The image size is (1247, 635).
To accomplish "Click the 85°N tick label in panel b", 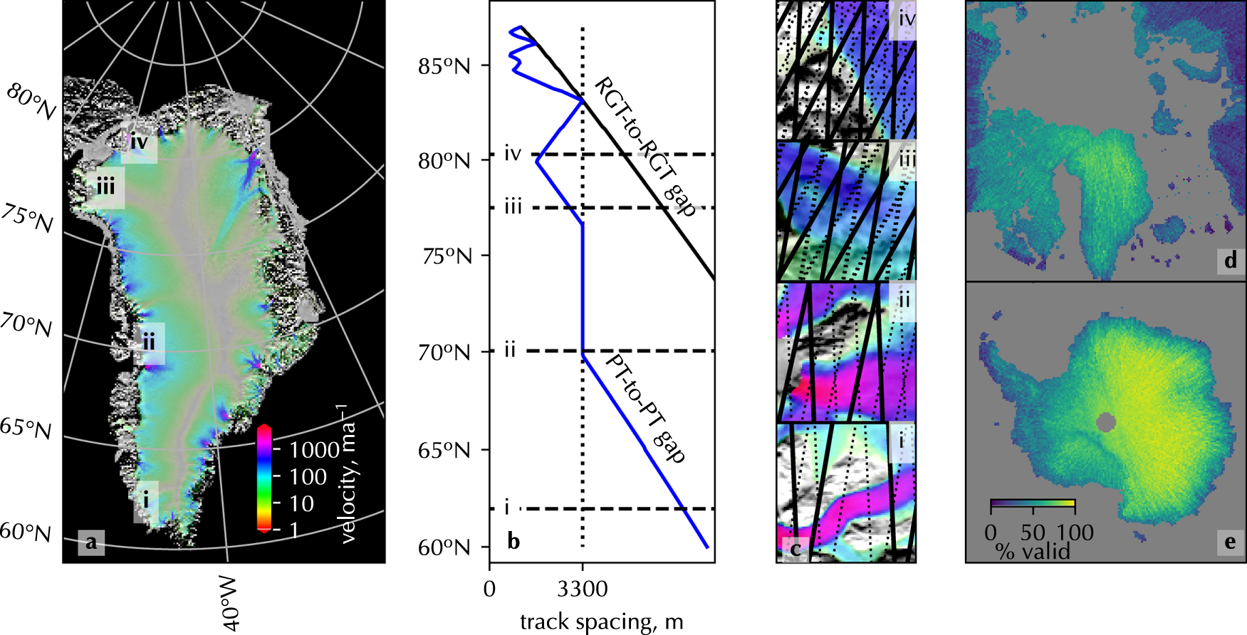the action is point(444,66).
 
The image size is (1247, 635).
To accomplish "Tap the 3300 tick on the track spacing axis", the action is point(583,589).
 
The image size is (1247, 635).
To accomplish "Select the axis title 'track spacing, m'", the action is point(602,622).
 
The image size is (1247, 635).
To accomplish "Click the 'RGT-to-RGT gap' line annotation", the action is point(645,146).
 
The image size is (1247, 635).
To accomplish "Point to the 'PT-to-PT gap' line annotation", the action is point(645,409).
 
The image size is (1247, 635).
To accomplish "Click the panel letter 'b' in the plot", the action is point(513,542).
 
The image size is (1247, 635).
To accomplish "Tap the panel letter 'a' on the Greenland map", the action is point(91,542).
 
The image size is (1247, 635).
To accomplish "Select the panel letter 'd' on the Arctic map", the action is point(1231,261).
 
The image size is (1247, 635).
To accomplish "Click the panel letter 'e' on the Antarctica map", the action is point(1231,542).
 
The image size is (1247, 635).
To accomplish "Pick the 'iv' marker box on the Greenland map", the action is point(139,142).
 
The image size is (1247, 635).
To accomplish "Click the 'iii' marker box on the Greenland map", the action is point(105,188).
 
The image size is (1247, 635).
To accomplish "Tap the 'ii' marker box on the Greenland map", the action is point(149,343).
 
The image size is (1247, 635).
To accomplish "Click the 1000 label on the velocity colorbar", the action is point(314,450).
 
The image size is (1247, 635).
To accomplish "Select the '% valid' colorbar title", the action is point(1033,551).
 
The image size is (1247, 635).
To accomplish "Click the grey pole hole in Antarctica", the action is point(1105,423).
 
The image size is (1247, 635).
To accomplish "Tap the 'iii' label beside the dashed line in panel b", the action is point(513,207).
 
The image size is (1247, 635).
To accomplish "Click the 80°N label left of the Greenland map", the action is point(31,102).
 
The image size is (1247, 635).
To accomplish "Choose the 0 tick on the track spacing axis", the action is point(489,589).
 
